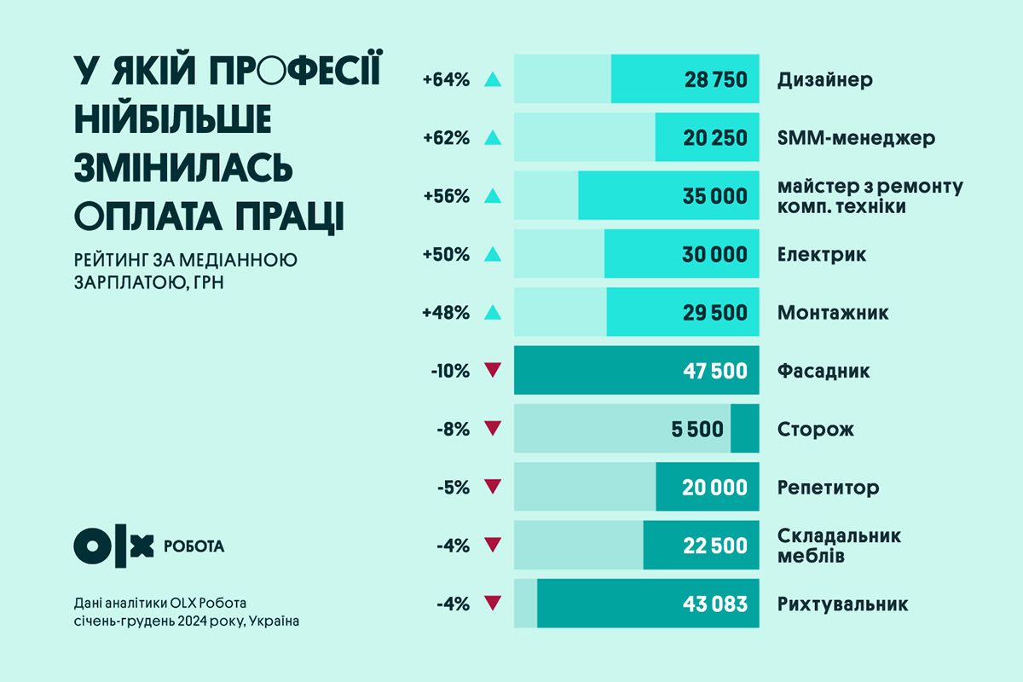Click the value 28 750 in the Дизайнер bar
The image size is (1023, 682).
(x=715, y=80)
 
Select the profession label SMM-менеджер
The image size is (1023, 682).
(x=856, y=138)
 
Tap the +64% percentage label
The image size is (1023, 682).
(x=446, y=80)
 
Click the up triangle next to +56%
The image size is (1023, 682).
(x=492, y=196)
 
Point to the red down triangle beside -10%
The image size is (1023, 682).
(x=492, y=371)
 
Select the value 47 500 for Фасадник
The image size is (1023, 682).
(x=715, y=371)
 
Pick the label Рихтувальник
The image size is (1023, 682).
(x=842, y=604)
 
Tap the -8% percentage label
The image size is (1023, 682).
(x=453, y=430)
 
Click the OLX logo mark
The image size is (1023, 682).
(x=113, y=546)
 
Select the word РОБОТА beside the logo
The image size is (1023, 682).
(x=194, y=546)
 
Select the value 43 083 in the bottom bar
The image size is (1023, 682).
(x=715, y=604)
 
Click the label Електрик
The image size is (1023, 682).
(x=821, y=254)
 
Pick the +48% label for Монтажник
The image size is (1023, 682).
(x=446, y=313)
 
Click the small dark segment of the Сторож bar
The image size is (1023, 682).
(x=745, y=429)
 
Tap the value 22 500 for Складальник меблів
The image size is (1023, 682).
(x=715, y=546)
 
